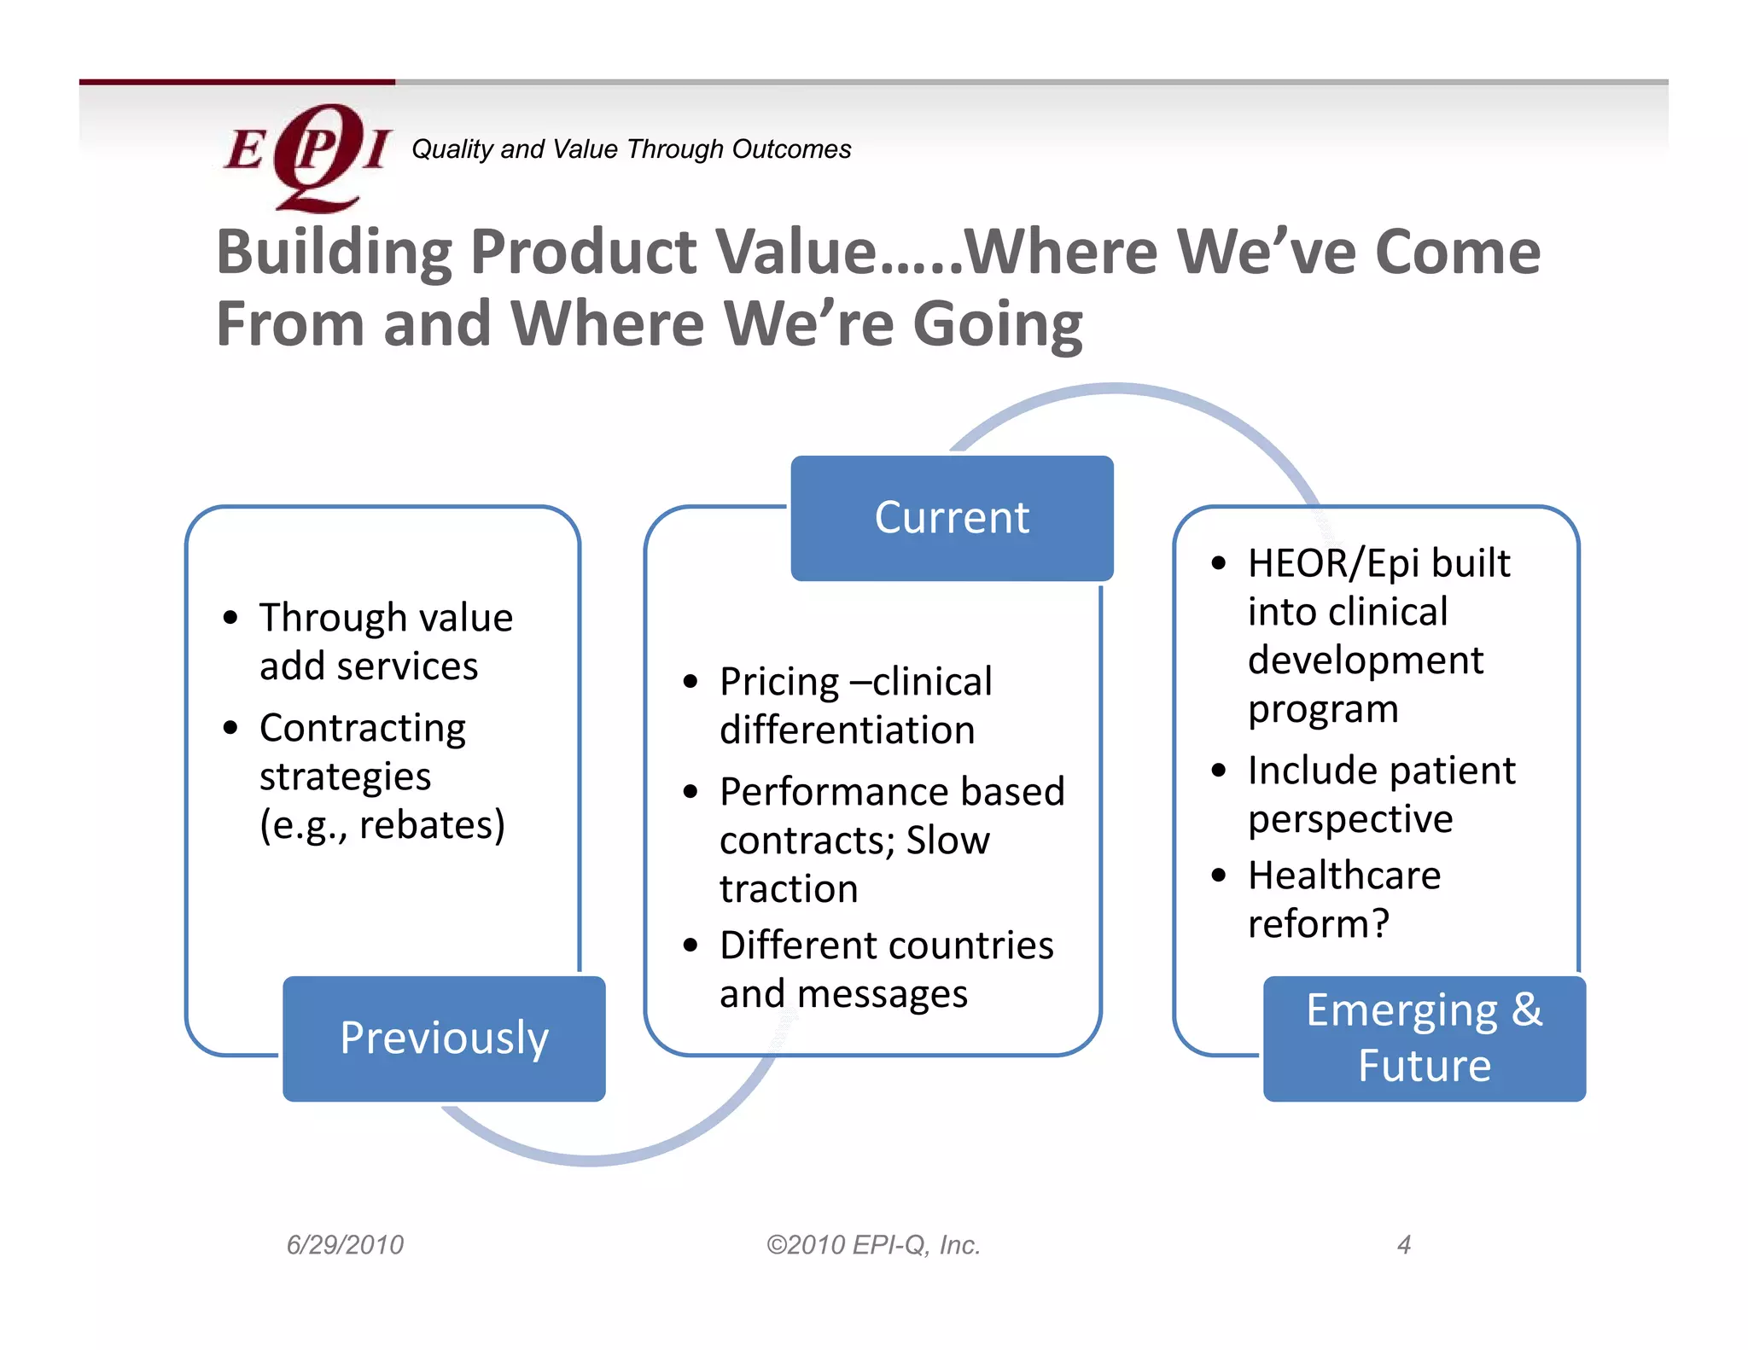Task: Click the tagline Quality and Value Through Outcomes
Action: (x=631, y=149)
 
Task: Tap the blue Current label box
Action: (x=952, y=518)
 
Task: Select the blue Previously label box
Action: (x=444, y=1039)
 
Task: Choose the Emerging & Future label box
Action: (x=1424, y=1039)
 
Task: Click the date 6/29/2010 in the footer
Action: (x=345, y=1245)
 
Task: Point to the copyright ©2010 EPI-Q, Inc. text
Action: (x=873, y=1245)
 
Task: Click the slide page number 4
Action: (x=1403, y=1245)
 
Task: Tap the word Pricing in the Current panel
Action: (x=779, y=683)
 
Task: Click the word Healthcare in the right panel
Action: (x=1344, y=876)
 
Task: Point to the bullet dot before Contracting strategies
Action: (x=230, y=728)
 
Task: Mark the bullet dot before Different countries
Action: (x=690, y=946)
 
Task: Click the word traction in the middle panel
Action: (x=789, y=889)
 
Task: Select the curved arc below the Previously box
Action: (x=597, y=1159)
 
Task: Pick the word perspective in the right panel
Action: (x=1350, y=819)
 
